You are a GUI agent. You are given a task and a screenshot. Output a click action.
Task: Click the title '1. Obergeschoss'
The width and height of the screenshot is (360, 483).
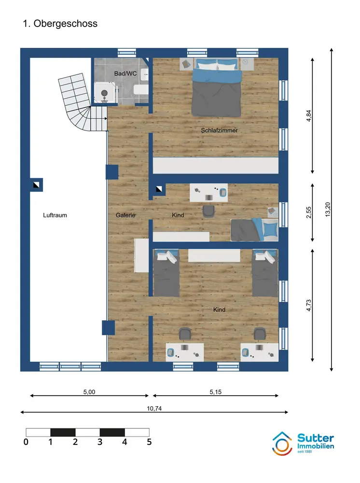coord(60,24)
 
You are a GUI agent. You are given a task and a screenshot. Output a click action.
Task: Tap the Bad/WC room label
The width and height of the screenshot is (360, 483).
coord(125,73)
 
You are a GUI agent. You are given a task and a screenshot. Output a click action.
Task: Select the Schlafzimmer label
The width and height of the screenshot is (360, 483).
coord(220,130)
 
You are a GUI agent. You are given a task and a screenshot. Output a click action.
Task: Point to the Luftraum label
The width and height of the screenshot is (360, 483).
coord(55,215)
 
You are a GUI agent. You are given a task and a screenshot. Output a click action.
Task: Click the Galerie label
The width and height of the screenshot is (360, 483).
coord(125,215)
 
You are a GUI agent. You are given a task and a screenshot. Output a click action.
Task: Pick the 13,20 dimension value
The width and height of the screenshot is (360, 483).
coord(327,210)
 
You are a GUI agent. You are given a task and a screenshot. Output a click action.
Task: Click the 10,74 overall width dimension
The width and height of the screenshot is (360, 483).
coord(154,409)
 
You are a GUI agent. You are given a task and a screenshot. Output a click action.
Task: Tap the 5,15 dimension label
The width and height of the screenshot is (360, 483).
coord(216,392)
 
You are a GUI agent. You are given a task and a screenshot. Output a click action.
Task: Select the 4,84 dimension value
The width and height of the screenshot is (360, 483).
coord(309,116)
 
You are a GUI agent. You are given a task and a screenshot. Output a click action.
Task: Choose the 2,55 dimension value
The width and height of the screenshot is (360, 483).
coord(309,213)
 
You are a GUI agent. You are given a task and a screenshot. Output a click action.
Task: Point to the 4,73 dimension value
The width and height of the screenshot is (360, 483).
coord(309,305)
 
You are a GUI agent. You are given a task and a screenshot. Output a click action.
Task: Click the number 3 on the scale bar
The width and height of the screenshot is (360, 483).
coord(100,442)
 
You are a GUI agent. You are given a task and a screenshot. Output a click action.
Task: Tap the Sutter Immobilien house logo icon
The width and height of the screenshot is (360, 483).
coord(282,444)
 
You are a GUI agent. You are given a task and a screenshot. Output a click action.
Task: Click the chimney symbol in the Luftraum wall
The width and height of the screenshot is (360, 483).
coord(36,185)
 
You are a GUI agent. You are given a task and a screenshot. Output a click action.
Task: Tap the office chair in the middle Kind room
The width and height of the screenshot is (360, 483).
coord(209,212)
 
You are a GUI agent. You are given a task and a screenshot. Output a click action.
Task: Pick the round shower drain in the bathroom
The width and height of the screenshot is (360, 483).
coord(104,93)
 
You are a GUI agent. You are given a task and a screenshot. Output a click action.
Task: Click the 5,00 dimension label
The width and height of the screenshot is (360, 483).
coord(89,392)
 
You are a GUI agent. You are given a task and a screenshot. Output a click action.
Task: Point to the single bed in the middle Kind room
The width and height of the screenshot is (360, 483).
coord(254,230)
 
